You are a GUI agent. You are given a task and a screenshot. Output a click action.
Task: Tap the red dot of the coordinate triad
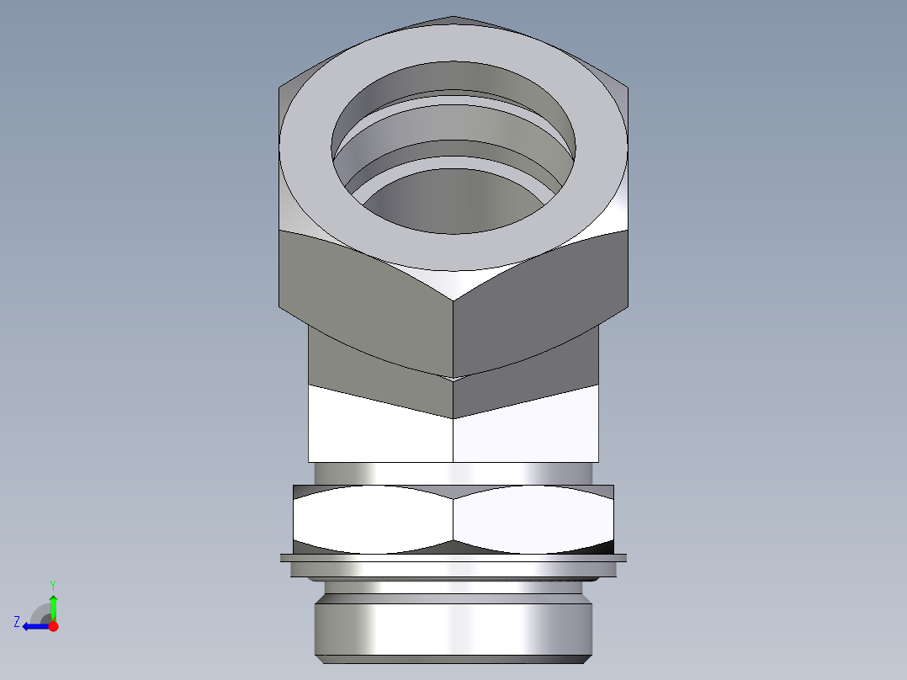pos(53,626)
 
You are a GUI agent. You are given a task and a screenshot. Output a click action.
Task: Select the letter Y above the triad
pos(52,584)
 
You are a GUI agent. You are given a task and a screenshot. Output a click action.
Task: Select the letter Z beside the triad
pos(17,622)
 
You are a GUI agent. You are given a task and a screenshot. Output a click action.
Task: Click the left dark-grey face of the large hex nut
pos(362,295)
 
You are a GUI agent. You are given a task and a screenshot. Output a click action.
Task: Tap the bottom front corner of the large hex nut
pos(453,377)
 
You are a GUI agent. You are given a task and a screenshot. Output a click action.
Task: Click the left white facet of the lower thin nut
pos(370,519)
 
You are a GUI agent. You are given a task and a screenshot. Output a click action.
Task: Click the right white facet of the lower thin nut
pos(534,519)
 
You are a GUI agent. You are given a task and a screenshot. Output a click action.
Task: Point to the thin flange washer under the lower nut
pos(453,558)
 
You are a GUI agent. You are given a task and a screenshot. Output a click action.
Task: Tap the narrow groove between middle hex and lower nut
pos(453,473)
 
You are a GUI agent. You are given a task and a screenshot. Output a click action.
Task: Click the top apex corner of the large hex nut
pos(453,17)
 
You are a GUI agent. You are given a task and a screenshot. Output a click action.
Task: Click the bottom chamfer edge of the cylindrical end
pos(453,658)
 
